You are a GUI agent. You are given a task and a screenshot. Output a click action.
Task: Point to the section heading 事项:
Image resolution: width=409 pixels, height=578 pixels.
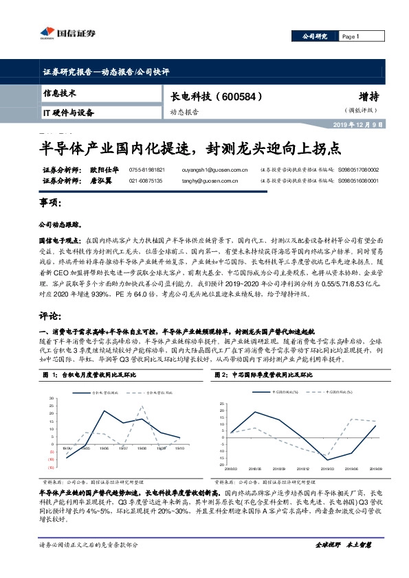tap(51, 204)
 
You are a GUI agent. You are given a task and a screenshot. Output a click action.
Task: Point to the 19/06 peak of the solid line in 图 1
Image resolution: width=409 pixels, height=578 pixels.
tap(104, 411)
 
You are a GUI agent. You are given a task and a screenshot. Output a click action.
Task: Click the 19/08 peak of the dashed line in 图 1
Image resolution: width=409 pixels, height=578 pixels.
tap(142, 406)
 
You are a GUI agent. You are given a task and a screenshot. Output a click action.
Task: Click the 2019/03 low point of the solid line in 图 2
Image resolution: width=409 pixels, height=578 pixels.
tap(327, 458)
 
